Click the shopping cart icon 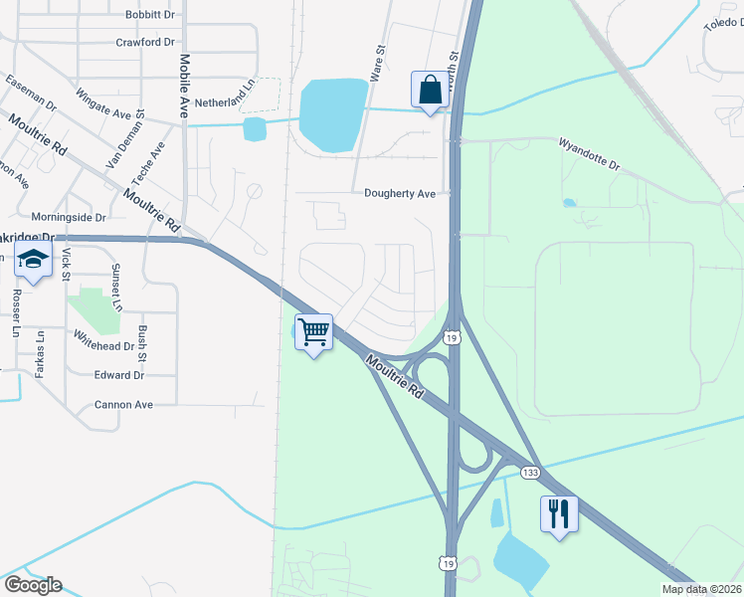click(x=314, y=332)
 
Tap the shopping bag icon click(x=430, y=90)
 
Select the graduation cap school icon click(x=33, y=262)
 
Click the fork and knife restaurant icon click(x=558, y=513)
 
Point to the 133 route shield click(x=531, y=472)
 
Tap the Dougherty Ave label click(x=400, y=194)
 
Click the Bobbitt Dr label click(x=150, y=15)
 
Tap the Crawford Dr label click(x=145, y=43)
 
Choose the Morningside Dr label click(x=69, y=216)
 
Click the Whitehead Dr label click(x=101, y=346)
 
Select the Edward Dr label click(x=119, y=375)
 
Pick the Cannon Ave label click(x=123, y=405)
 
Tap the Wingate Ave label click(x=103, y=106)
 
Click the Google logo click(x=33, y=585)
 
